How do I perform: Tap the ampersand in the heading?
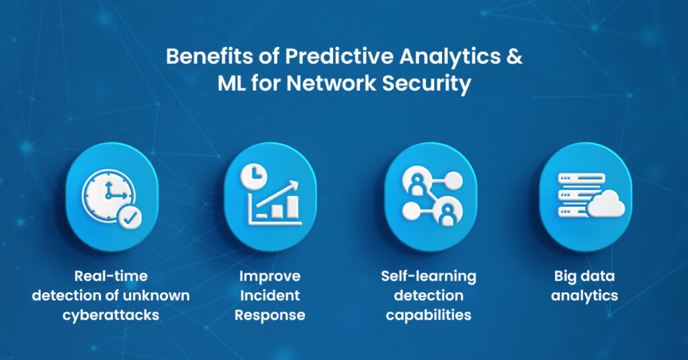[514, 56]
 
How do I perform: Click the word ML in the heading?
[232, 83]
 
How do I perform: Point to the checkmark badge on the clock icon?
[130, 217]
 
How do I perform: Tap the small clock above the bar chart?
[253, 177]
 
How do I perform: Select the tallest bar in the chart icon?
[293, 207]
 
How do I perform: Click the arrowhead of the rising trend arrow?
[294, 185]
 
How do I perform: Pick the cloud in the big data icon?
[606, 204]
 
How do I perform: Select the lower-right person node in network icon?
[447, 212]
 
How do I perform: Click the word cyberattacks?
[111, 315]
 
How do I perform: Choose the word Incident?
[270, 295]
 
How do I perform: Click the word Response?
[270, 315]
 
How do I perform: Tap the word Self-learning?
[428, 276]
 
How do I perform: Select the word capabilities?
[428, 315]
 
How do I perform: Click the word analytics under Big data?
[585, 296]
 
